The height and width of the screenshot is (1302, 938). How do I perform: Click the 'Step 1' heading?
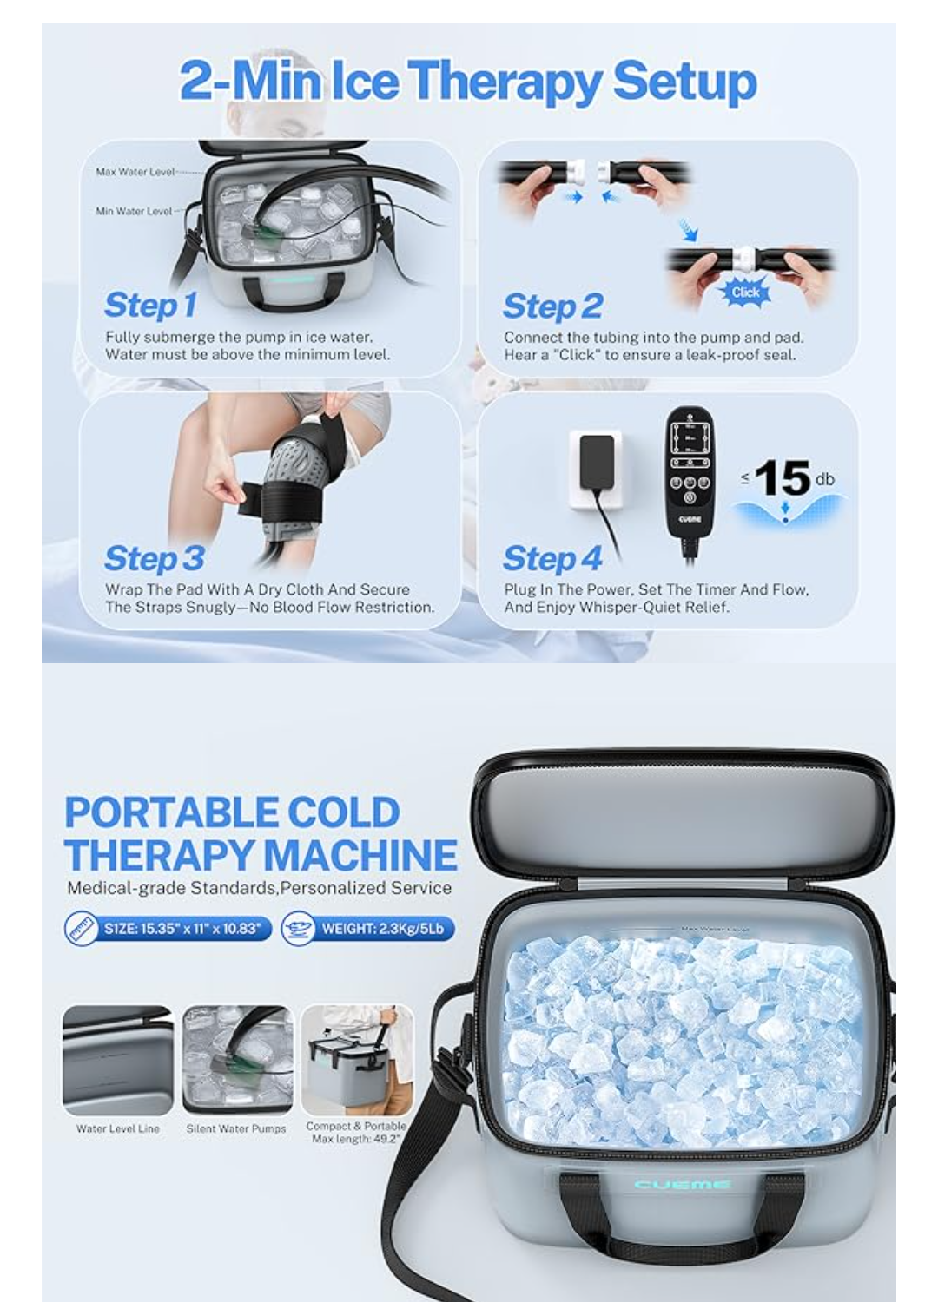point(150,305)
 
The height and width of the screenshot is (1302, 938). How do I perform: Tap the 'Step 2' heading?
point(552,306)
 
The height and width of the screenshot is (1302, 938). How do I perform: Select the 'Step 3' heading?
point(154,558)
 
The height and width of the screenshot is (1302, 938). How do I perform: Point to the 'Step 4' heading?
point(552,558)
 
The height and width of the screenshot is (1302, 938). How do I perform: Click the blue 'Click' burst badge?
point(745,293)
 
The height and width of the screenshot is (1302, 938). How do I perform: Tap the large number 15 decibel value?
point(783,477)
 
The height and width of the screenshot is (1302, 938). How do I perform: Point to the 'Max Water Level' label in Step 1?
point(135,172)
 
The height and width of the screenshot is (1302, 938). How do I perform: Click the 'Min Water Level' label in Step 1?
point(134,211)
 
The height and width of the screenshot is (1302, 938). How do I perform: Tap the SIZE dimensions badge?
point(168,929)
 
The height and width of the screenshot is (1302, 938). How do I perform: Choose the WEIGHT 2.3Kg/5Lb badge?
point(368,929)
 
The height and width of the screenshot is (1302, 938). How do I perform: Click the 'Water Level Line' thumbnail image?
point(118,1060)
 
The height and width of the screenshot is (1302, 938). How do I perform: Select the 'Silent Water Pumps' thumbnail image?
point(236,1060)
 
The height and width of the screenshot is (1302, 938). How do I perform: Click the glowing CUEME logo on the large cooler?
point(682,1184)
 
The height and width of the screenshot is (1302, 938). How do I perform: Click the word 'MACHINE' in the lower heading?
point(360,855)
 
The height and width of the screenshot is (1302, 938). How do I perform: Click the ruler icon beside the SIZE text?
point(82,929)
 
